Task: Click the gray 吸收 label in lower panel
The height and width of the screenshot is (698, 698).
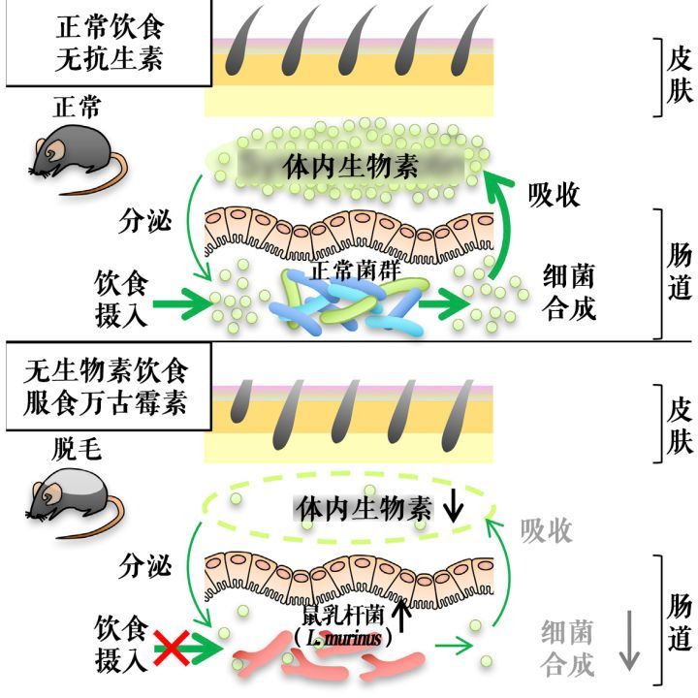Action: (546, 530)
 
